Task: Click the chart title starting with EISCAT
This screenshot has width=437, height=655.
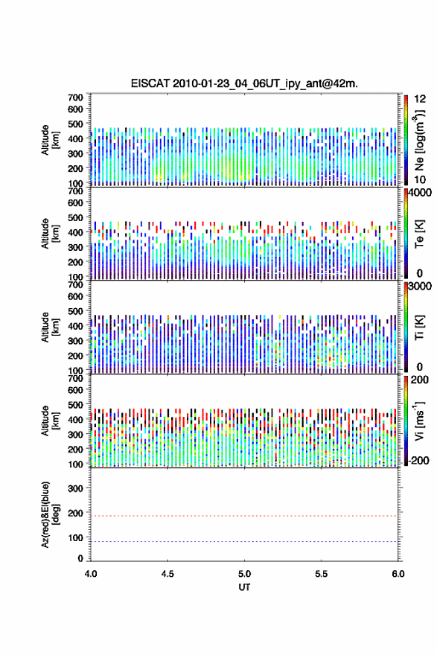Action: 244,83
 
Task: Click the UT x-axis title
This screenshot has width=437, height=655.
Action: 244,587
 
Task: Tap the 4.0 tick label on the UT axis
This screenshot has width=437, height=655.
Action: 91,574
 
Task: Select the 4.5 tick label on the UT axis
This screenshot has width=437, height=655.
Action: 168,574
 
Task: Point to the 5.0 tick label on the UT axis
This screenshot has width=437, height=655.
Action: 244,574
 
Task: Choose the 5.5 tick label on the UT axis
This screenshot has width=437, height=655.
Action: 322,574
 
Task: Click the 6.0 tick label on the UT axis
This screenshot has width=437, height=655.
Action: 398,574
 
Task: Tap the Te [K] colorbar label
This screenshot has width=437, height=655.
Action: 419,234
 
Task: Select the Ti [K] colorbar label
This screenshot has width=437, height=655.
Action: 419,327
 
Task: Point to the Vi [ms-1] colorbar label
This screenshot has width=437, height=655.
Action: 419,421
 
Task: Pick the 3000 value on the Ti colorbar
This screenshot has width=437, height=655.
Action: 421,286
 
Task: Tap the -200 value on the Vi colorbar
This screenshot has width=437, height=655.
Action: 418,460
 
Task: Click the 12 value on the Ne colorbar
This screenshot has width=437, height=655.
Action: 421,99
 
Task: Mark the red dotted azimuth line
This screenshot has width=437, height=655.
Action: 244,516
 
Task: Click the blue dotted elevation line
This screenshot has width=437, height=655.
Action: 244,541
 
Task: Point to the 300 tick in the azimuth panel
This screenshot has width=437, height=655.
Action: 75,488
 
